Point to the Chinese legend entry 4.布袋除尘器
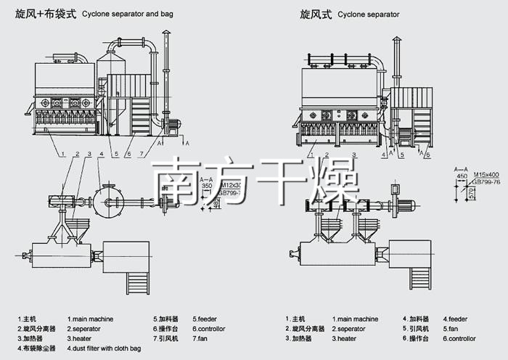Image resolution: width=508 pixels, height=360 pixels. [x=37, y=348]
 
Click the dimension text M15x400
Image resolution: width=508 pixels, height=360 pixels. [x=486, y=175]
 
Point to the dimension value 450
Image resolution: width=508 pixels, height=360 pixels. [x=462, y=175]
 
